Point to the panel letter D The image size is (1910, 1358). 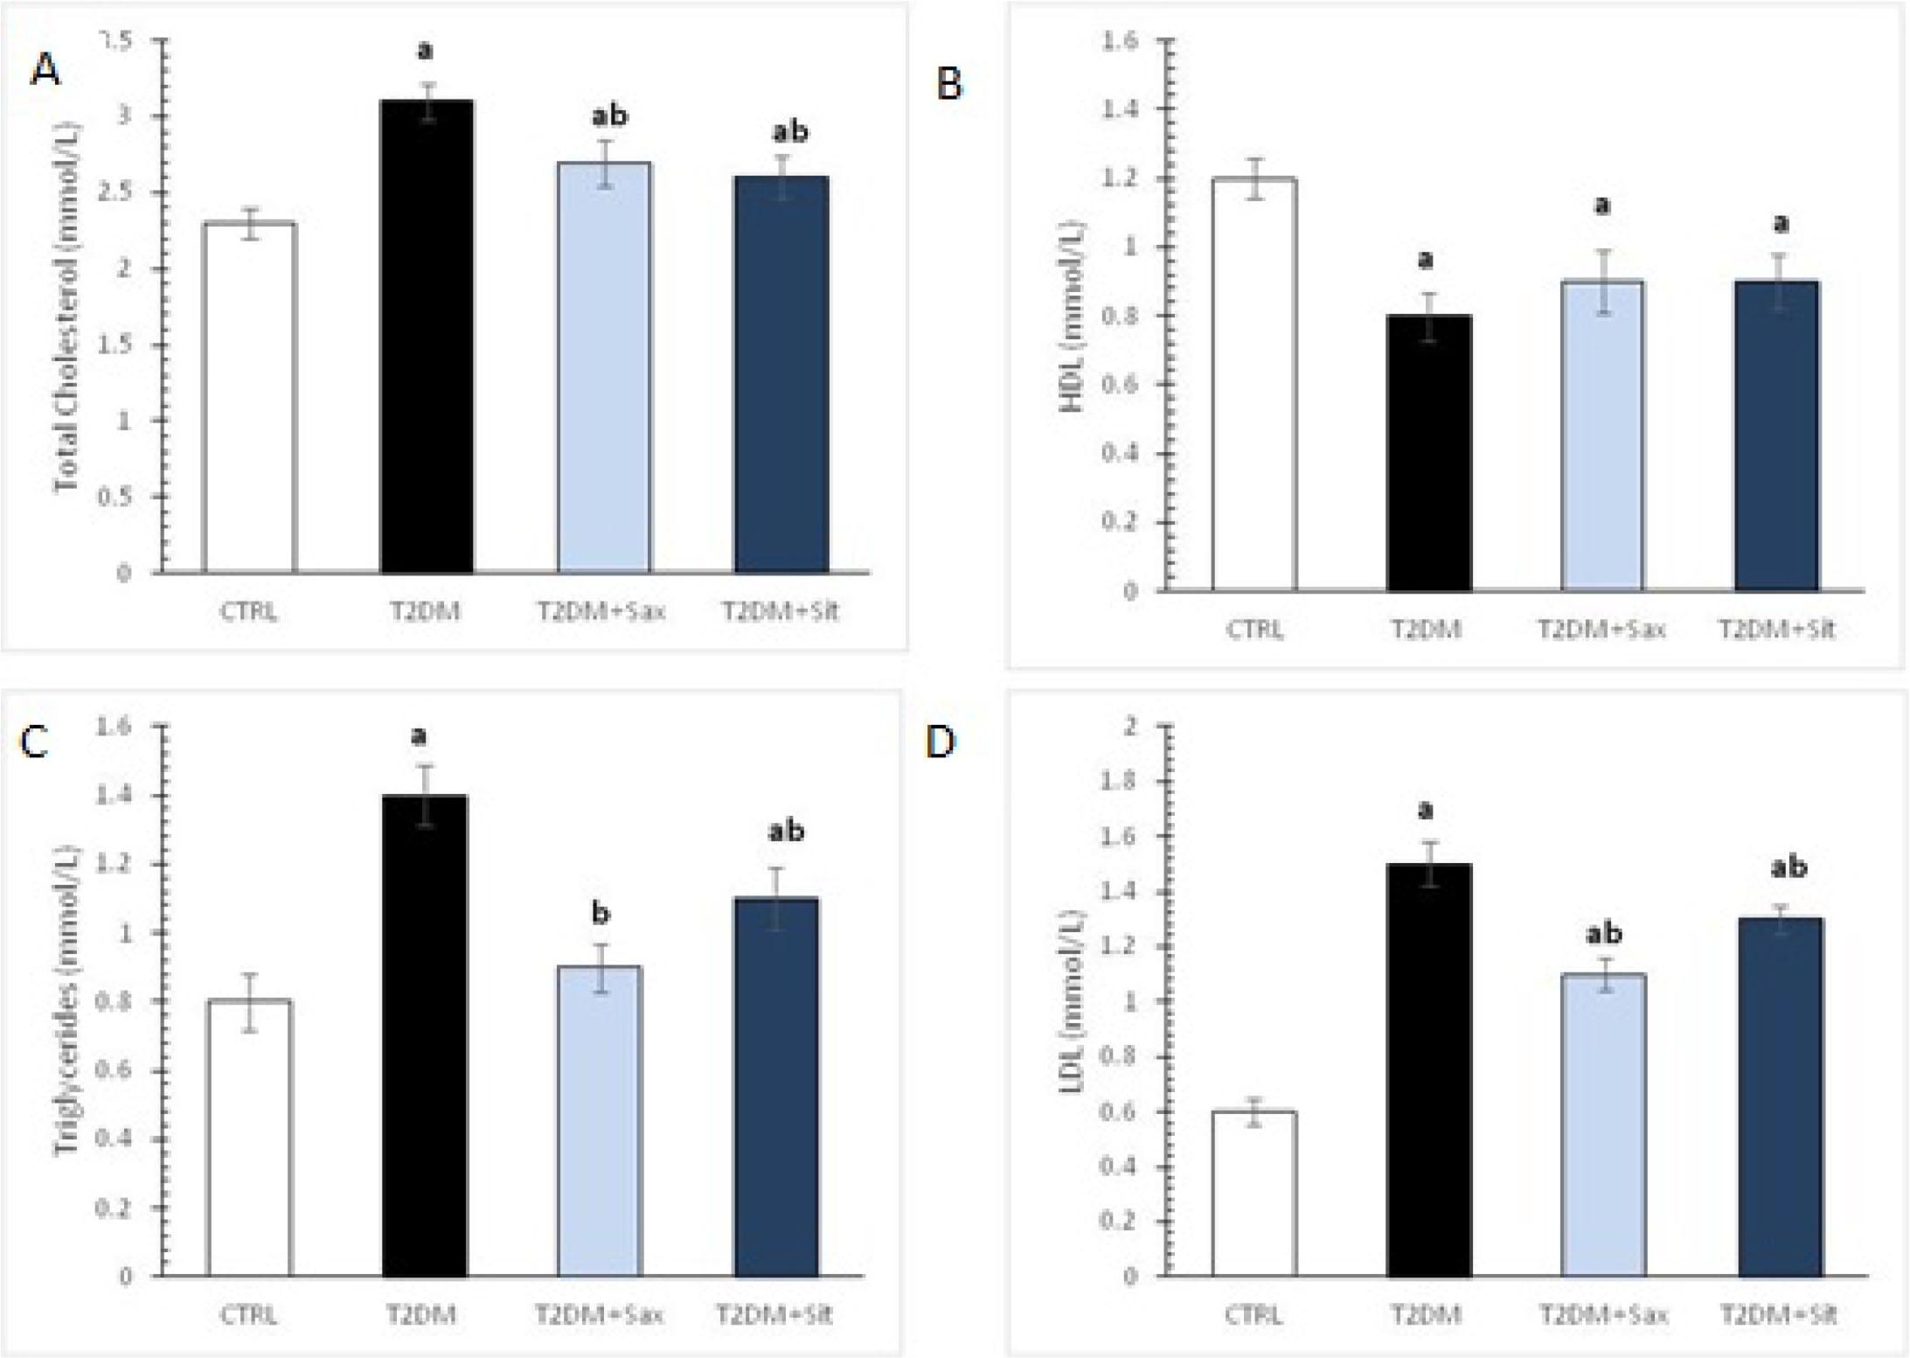click(941, 742)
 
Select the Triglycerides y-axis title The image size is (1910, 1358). click(66, 1001)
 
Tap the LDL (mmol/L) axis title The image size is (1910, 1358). click(1073, 1002)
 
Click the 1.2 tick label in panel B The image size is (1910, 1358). click(1122, 178)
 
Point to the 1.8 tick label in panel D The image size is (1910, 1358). click(1122, 781)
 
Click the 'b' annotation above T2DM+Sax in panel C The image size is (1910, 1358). click(601, 914)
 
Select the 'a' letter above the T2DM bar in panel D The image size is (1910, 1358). click(1426, 811)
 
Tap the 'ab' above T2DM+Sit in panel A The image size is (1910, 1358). click(789, 132)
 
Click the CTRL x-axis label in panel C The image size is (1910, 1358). click(249, 1314)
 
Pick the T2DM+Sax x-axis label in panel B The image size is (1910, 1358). click(1602, 629)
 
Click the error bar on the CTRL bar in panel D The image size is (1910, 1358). click(1254, 1112)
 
